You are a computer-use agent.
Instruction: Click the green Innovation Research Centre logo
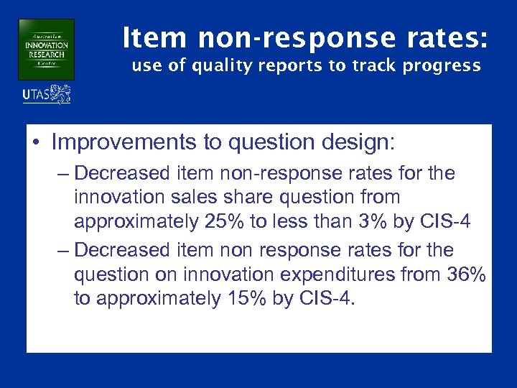coord(46,50)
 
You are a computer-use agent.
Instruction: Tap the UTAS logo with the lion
coord(47,94)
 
